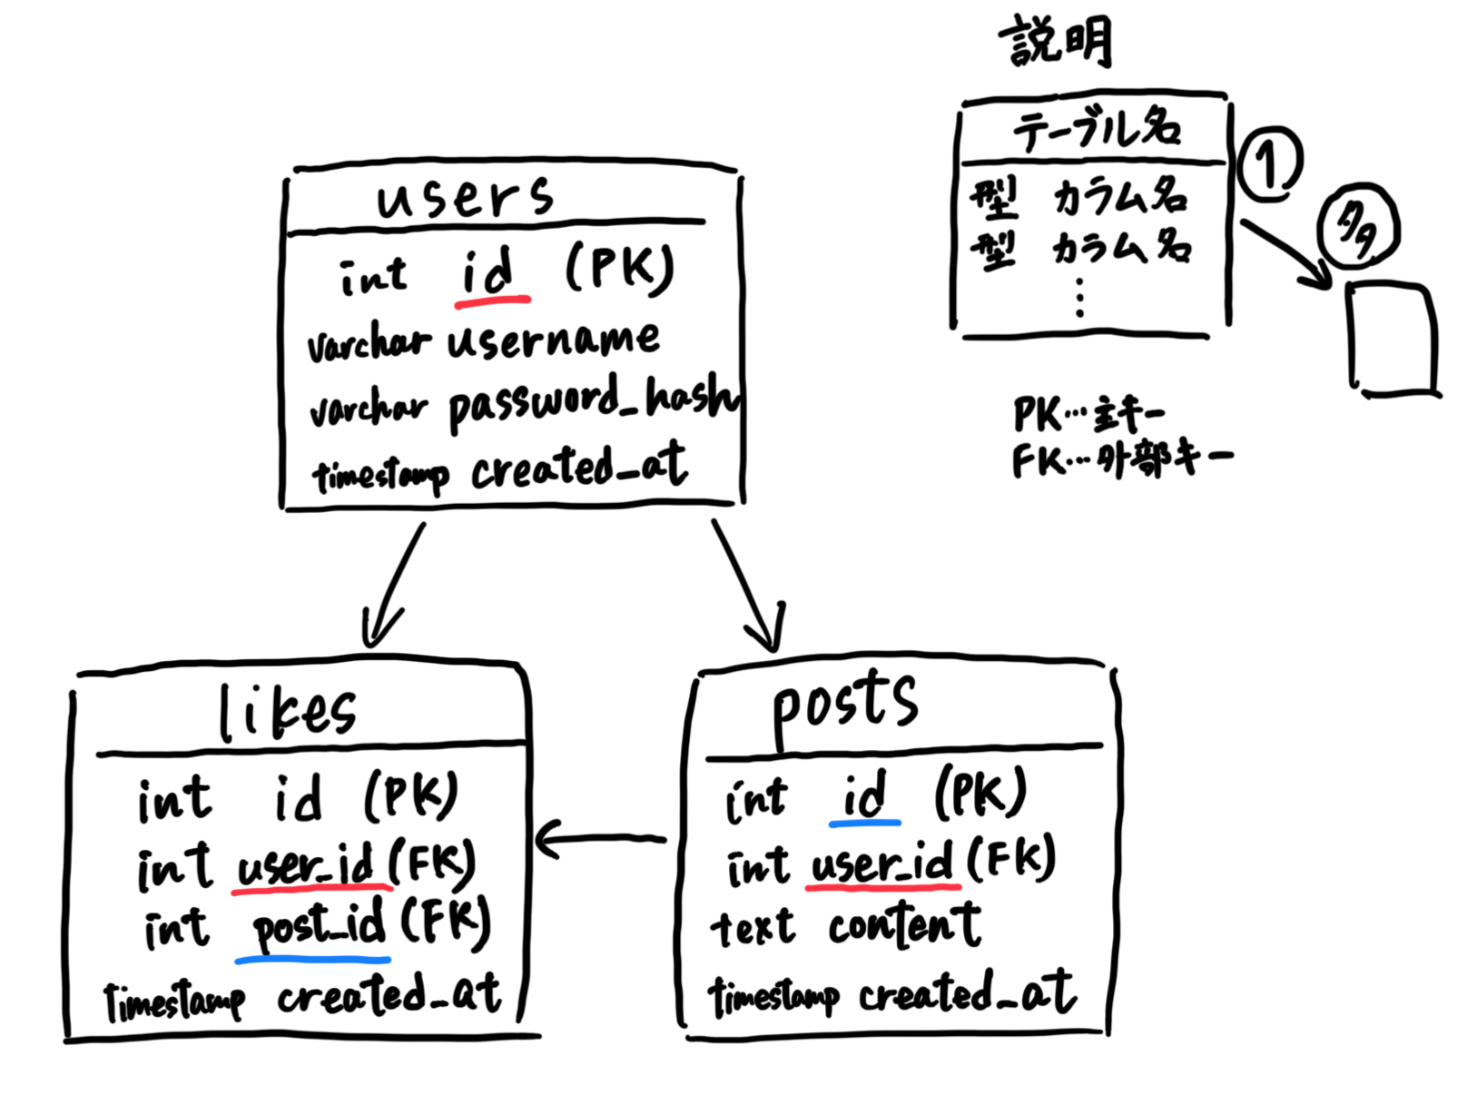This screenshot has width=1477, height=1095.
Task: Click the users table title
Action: (x=465, y=196)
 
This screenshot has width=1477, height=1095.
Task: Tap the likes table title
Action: (x=287, y=712)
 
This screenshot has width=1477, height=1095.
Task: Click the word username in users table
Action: (x=553, y=340)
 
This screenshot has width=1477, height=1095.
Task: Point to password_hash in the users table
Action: (x=594, y=402)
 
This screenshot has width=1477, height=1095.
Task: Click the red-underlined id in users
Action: (x=488, y=271)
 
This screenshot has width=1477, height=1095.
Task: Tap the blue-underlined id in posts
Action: (x=863, y=796)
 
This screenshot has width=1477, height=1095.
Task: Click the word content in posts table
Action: (x=904, y=926)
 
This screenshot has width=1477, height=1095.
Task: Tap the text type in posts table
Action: (x=753, y=928)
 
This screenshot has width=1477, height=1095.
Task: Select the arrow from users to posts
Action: (x=746, y=583)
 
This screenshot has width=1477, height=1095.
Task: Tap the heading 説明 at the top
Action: (x=1056, y=42)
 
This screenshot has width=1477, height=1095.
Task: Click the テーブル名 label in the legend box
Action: (x=1097, y=129)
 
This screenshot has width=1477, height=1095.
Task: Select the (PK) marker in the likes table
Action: (x=410, y=796)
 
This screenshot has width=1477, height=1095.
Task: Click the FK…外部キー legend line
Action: (x=1122, y=460)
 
